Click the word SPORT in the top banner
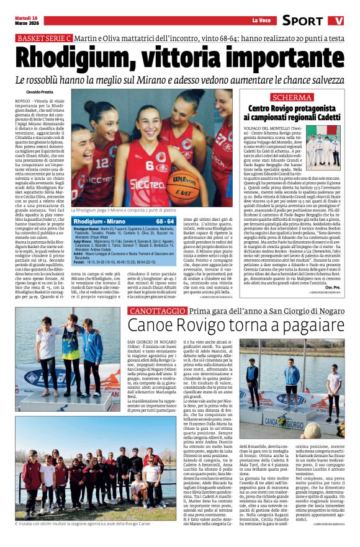(x=302, y=20)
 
